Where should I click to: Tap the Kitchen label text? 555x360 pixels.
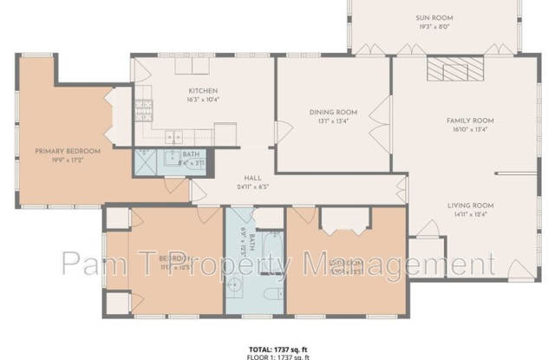coord(202,91)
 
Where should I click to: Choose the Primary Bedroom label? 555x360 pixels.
coord(68,151)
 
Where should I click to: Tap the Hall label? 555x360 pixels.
coord(252,176)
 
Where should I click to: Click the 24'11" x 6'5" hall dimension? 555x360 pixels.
coord(252,186)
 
